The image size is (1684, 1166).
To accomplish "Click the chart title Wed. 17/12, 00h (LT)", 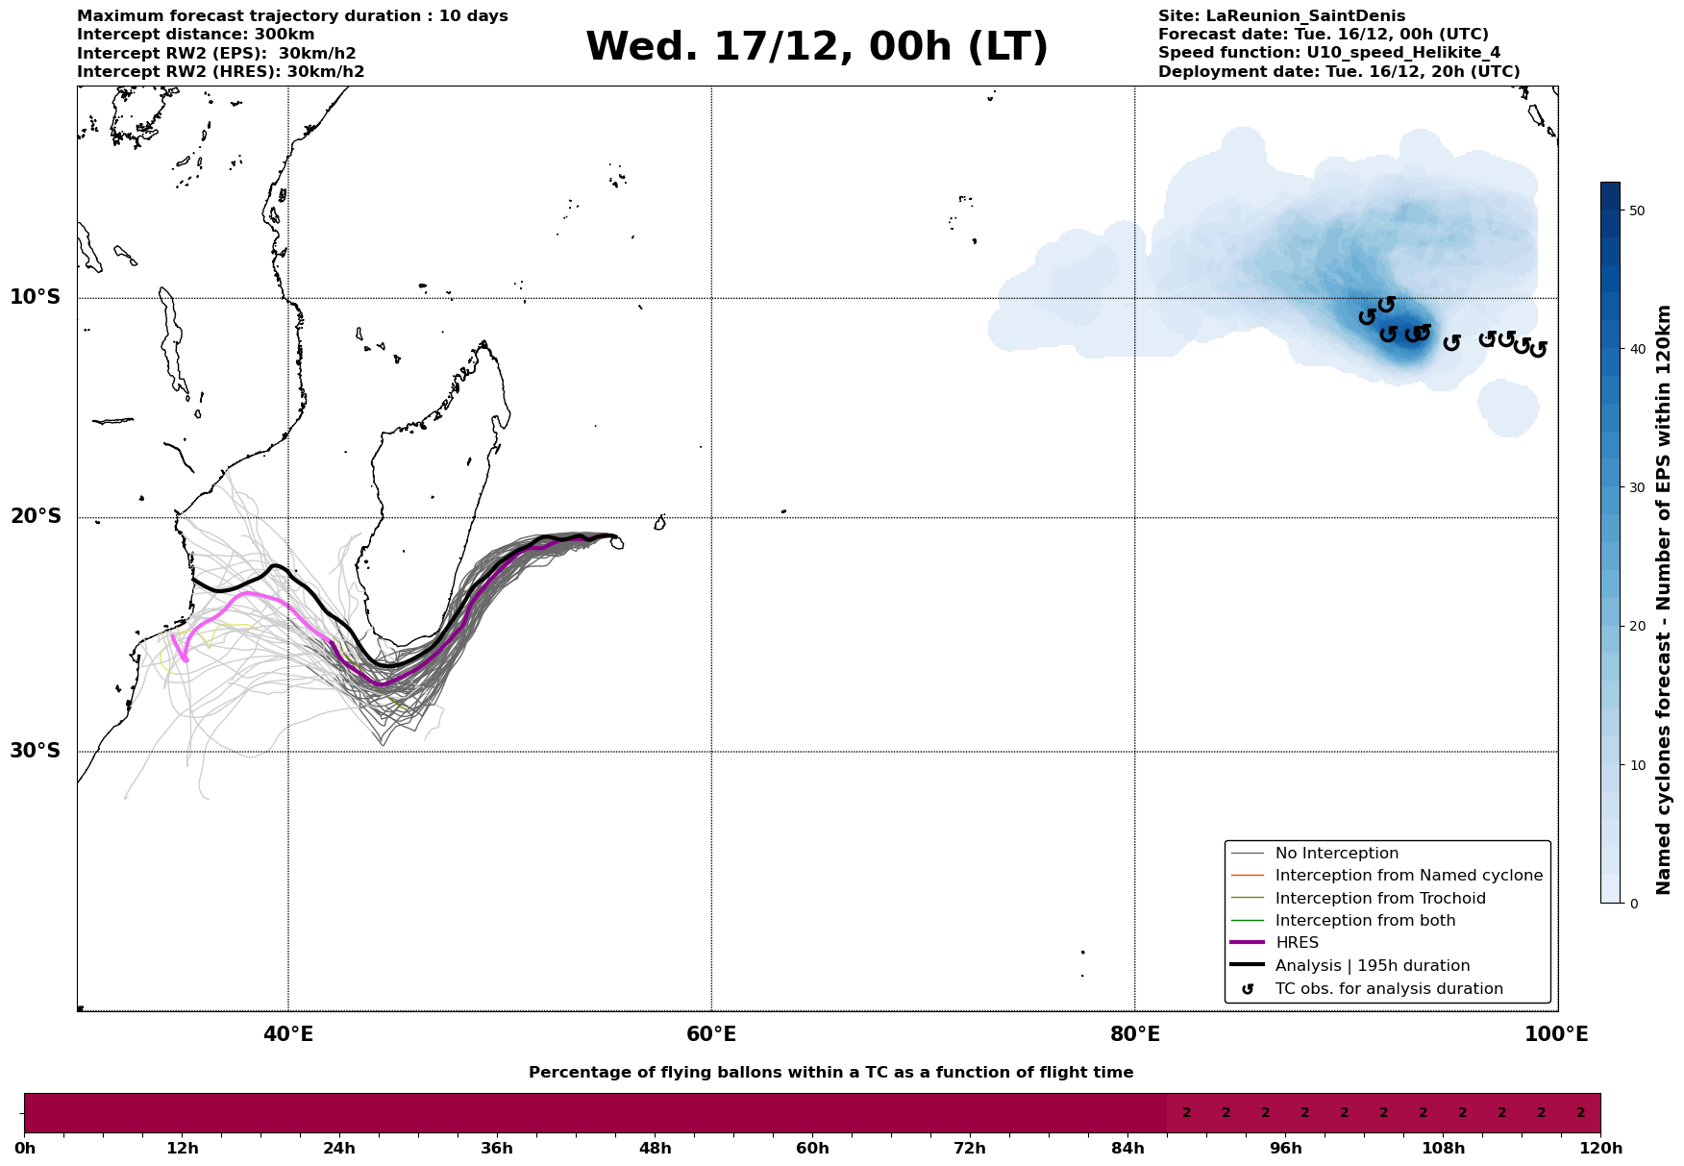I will coord(816,47).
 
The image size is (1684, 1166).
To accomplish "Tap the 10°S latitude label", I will coord(36,297).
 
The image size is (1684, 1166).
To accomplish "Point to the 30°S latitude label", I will coord(36,751).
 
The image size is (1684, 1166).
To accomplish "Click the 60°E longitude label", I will coord(711,1035).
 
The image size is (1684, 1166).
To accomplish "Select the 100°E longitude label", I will coord(1556,1035).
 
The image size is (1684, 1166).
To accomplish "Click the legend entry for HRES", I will coord(1297,943).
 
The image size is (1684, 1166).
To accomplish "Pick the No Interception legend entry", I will coord(1336,854).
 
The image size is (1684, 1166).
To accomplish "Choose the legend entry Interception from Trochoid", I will coord(1379,899).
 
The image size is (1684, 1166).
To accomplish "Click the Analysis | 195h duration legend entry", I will coord(1372,966).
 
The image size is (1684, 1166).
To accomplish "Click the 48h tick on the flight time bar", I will coord(655,1149).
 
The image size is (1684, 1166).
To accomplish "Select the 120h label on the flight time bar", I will coord(1599,1149).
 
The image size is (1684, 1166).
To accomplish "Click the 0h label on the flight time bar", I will coord(25,1149).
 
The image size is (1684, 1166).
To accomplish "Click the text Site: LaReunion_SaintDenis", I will coord(1281,16).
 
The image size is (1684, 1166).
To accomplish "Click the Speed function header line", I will coord(1328,53).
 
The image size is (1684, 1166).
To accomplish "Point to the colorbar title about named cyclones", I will coord(1664,600).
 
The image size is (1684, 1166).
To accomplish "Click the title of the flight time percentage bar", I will coord(830,1073).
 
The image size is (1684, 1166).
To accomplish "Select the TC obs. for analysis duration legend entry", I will coord(1388,989).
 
